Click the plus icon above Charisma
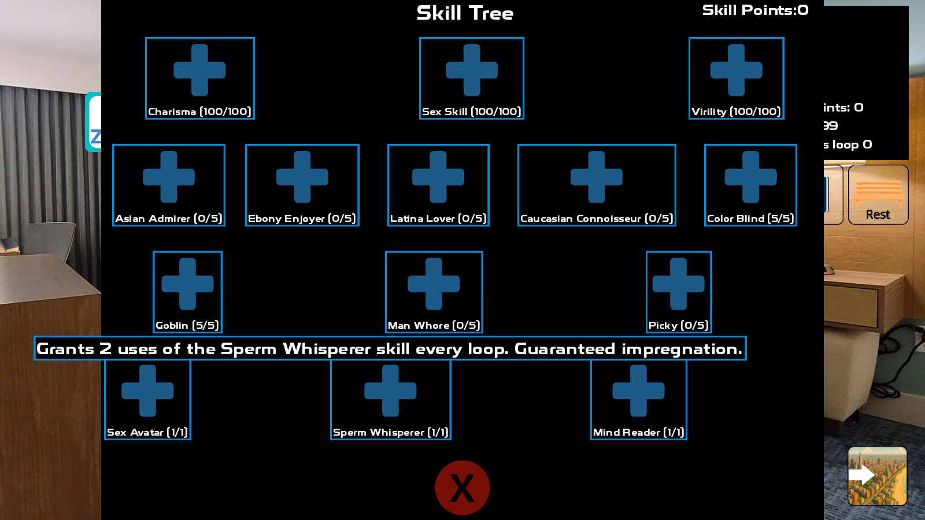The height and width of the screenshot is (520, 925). coord(199,70)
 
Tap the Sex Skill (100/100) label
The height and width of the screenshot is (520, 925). coord(471,112)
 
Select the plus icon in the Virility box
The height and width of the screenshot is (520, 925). coord(736,70)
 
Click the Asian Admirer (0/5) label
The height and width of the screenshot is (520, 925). coord(168,218)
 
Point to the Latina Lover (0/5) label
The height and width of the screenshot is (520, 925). coord(438,218)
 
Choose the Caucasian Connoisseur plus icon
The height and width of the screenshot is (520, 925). coord(596,177)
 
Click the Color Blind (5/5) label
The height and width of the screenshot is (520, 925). coord(750,218)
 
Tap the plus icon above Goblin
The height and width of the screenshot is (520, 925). coord(187,284)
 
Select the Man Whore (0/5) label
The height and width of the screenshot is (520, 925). coord(434,325)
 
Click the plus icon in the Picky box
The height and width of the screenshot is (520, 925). coord(678,284)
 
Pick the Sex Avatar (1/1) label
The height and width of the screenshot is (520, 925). coord(147,432)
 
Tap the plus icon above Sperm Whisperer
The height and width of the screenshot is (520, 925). coord(390,391)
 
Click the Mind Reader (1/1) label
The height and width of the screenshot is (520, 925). coord(638,432)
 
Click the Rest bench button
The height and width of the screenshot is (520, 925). coord(878,195)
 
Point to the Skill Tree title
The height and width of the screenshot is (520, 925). coord(465,13)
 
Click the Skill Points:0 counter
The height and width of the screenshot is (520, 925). coord(755,10)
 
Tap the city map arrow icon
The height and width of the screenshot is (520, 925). coord(877,476)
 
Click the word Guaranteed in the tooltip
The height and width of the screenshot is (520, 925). coord(564,349)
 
